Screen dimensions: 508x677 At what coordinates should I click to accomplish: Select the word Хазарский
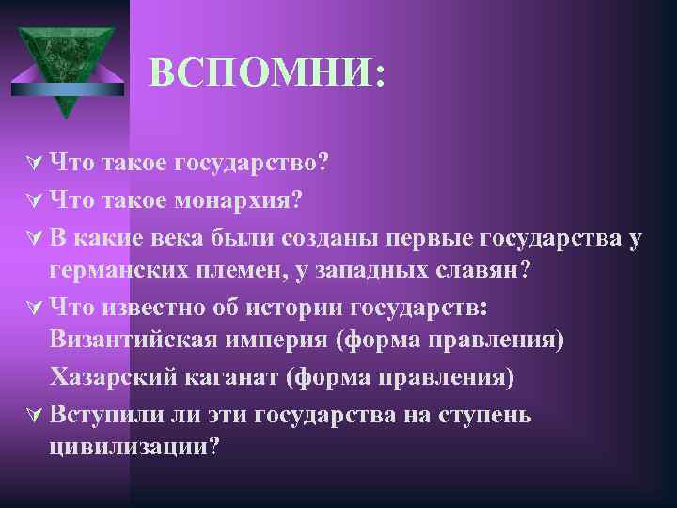(118, 376)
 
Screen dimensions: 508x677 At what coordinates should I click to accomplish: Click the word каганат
(242, 376)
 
